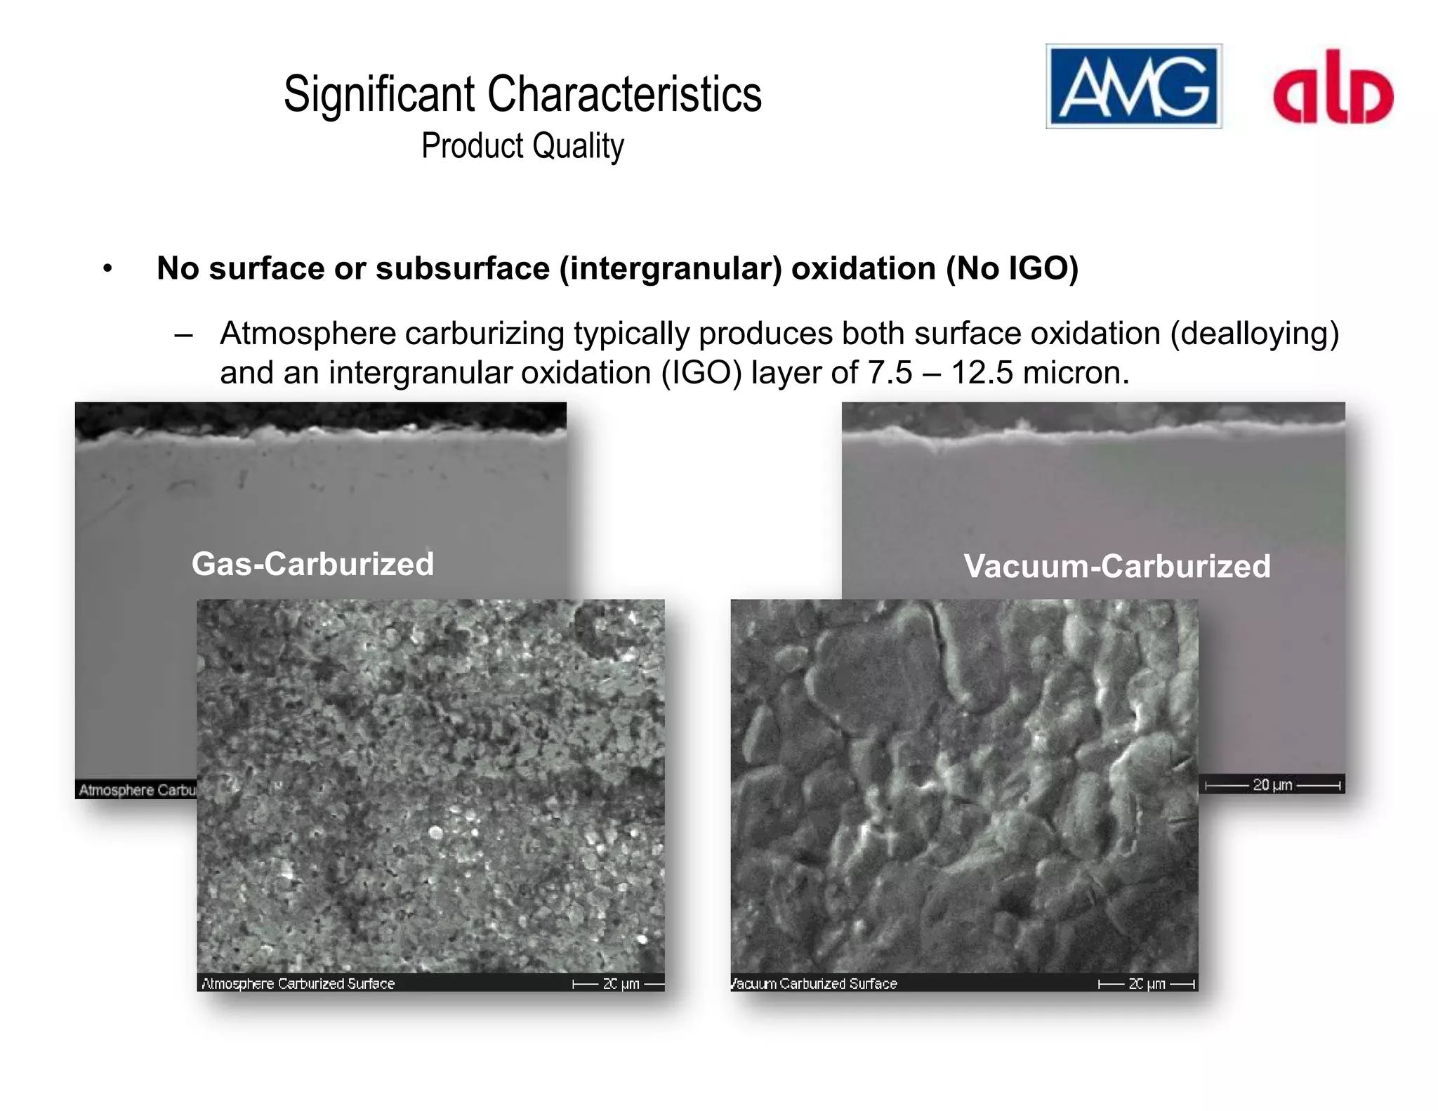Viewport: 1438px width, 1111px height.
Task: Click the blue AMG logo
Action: tap(1133, 86)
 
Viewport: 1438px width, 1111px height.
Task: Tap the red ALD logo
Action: tap(1333, 89)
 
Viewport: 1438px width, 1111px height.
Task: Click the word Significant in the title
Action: tap(379, 94)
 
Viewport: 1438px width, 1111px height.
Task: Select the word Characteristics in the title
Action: tap(624, 94)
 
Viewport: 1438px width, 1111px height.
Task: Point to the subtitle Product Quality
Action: tap(522, 146)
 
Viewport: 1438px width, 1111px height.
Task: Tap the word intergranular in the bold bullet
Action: tap(670, 268)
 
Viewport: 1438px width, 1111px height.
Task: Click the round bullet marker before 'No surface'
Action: tap(107, 268)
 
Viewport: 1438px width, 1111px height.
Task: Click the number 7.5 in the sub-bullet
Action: tap(890, 373)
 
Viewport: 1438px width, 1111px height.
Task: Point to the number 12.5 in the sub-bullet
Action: tap(982, 373)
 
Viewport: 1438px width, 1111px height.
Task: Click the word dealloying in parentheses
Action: tap(1254, 334)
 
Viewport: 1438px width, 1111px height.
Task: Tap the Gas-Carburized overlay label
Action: tap(312, 564)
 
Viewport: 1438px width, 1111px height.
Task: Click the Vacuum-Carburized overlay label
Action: tap(1116, 567)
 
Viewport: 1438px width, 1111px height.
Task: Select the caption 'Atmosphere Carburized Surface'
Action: tap(298, 984)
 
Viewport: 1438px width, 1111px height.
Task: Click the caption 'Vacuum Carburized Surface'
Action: tap(814, 984)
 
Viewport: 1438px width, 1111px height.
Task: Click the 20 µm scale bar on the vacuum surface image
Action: tap(1147, 984)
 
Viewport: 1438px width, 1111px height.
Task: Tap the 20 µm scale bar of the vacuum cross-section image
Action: tap(1272, 785)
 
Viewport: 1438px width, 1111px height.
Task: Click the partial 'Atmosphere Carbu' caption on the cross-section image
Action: tap(137, 790)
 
